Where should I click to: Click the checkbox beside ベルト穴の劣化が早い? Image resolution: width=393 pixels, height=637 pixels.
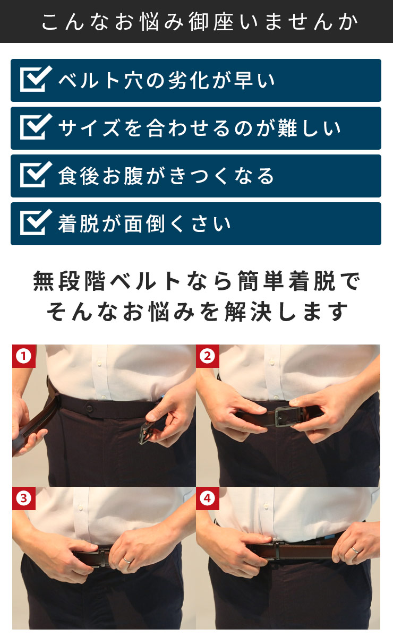pyautogui.click(x=35, y=80)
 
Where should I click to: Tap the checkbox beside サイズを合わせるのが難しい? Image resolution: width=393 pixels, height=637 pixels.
pyautogui.click(x=35, y=128)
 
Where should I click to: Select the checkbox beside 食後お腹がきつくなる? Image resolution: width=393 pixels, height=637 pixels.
pyautogui.click(x=35, y=176)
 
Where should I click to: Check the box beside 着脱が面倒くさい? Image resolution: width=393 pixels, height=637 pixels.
pyautogui.click(x=35, y=223)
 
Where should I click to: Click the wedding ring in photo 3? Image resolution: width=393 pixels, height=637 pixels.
pyautogui.click(x=127, y=558)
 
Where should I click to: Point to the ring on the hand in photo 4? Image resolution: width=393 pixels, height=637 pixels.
pyautogui.click(x=355, y=550)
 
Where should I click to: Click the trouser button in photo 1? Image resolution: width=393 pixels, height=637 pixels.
pyautogui.click(x=91, y=409)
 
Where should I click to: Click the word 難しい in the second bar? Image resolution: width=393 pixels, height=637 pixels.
pyautogui.click(x=313, y=128)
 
